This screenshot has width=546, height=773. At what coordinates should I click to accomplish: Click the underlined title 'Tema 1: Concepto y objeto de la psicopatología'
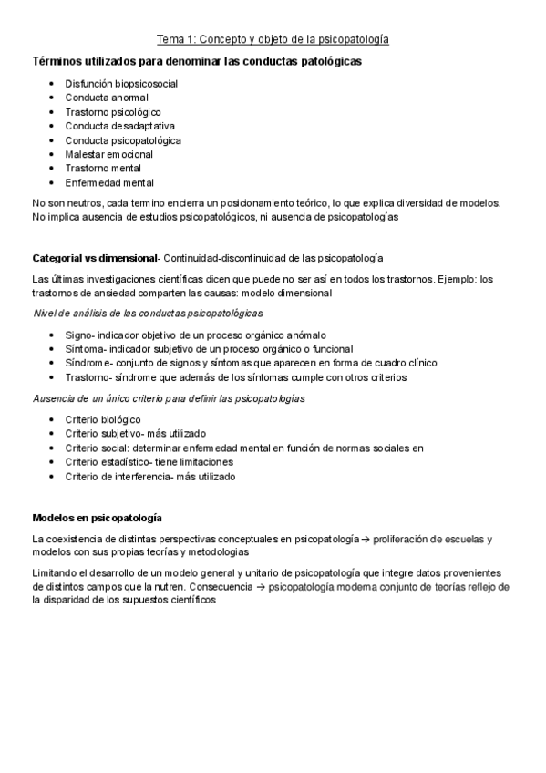click(x=273, y=40)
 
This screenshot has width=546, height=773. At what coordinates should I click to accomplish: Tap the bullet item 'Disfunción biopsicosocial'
click(x=121, y=83)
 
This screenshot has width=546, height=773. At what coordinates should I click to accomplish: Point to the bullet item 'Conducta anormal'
click(x=107, y=98)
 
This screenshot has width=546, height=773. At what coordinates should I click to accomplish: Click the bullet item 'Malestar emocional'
click(x=109, y=155)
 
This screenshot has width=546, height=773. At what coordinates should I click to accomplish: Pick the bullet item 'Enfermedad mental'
click(x=109, y=183)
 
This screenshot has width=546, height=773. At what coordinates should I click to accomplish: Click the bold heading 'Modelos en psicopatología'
click(x=97, y=518)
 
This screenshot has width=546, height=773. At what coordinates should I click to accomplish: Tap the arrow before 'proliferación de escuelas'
click(x=365, y=540)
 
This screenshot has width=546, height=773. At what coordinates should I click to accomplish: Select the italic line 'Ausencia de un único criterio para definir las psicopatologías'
click(x=169, y=398)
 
